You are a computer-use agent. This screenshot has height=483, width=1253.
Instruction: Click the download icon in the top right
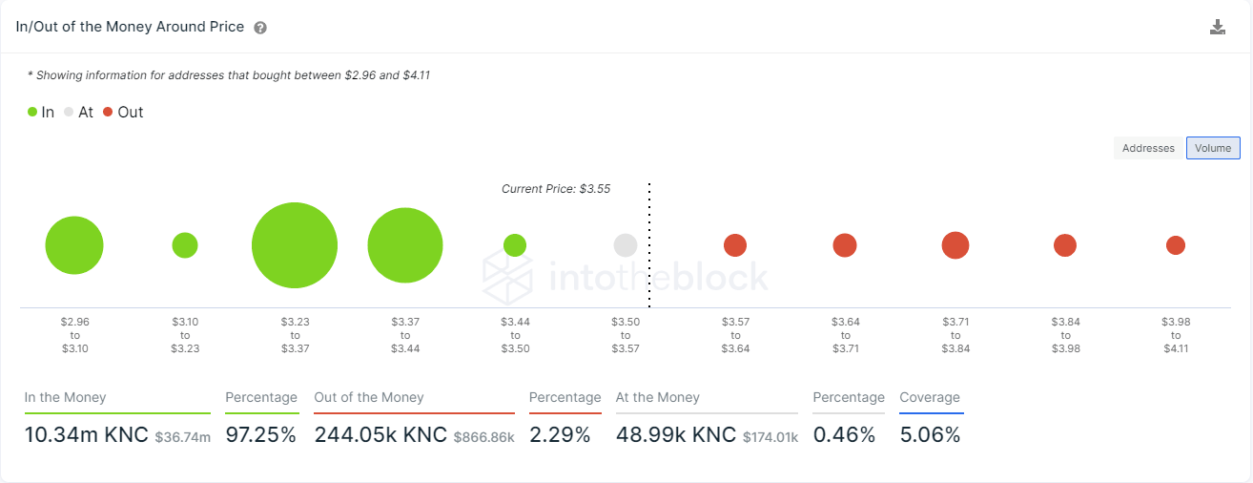click(x=1217, y=27)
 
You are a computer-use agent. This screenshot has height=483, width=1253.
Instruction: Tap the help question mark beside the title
click(x=260, y=28)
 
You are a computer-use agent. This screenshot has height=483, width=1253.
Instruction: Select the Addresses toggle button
click(x=1148, y=148)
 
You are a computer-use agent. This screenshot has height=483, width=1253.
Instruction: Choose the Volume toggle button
click(x=1213, y=148)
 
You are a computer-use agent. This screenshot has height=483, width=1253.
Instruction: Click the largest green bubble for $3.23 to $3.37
click(x=295, y=245)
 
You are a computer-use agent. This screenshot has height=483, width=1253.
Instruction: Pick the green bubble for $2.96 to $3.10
click(x=74, y=245)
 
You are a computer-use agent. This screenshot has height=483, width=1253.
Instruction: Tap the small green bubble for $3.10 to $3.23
click(x=185, y=245)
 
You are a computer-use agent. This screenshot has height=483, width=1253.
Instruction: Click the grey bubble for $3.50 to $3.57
click(x=626, y=245)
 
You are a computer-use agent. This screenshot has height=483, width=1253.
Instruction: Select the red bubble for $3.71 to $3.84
click(x=955, y=245)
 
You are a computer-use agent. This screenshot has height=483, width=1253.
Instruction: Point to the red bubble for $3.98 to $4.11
click(x=1176, y=245)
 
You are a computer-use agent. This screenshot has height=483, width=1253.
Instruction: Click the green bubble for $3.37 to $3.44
click(x=405, y=245)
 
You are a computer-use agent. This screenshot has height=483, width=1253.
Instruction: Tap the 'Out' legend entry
click(x=123, y=112)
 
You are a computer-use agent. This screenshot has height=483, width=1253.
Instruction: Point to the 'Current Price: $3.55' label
click(x=555, y=189)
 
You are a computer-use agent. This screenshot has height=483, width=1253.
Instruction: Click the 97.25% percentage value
click(x=260, y=435)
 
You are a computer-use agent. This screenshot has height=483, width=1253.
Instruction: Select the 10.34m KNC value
click(x=87, y=435)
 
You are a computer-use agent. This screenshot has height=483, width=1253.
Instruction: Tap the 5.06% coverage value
click(x=930, y=435)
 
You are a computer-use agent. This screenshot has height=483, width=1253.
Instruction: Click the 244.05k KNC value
click(x=380, y=435)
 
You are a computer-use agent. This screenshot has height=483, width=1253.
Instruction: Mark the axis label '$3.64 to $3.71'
click(x=845, y=335)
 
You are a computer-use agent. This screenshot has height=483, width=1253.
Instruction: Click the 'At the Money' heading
click(x=658, y=397)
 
